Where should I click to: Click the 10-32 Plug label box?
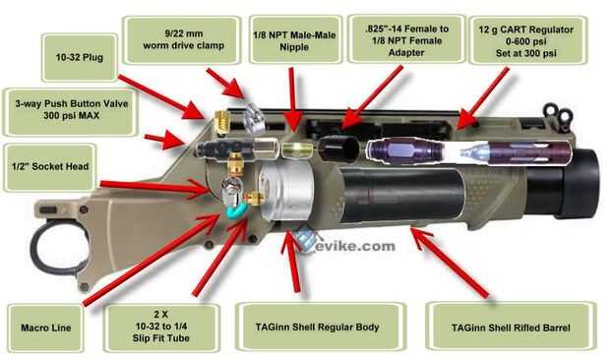click(x=80, y=57)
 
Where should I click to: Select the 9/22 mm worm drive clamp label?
click(x=182, y=39)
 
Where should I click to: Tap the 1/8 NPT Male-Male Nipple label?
click(x=295, y=39)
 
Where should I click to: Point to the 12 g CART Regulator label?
click(x=527, y=40)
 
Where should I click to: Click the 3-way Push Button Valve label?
click(x=71, y=111)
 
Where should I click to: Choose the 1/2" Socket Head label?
click(x=50, y=167)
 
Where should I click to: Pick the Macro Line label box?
click(x=46, y=328)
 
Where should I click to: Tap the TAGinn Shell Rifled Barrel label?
click(x=511, y=327)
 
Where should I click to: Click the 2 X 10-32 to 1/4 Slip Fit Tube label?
click(x=161, y=327)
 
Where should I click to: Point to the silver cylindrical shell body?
click(x=286, y=192)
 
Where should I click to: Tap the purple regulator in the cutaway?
click(x=405, y=150)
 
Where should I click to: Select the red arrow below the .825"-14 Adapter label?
click(x=371, y=97)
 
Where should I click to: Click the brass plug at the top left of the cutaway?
click(x=221, y=121)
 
